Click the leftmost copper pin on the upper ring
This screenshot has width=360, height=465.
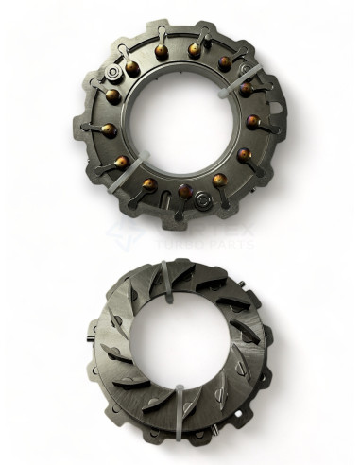click(107, 129)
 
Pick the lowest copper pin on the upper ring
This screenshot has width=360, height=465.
click(185, 192)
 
